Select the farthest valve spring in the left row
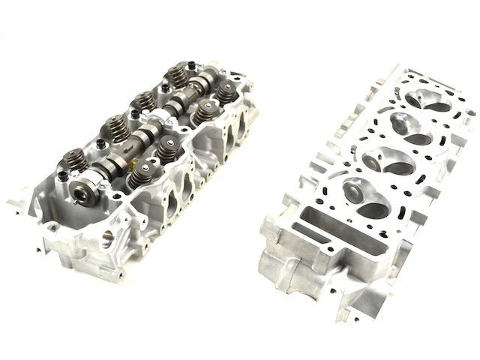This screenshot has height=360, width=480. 179,76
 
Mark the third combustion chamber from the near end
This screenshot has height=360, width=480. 412,128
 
